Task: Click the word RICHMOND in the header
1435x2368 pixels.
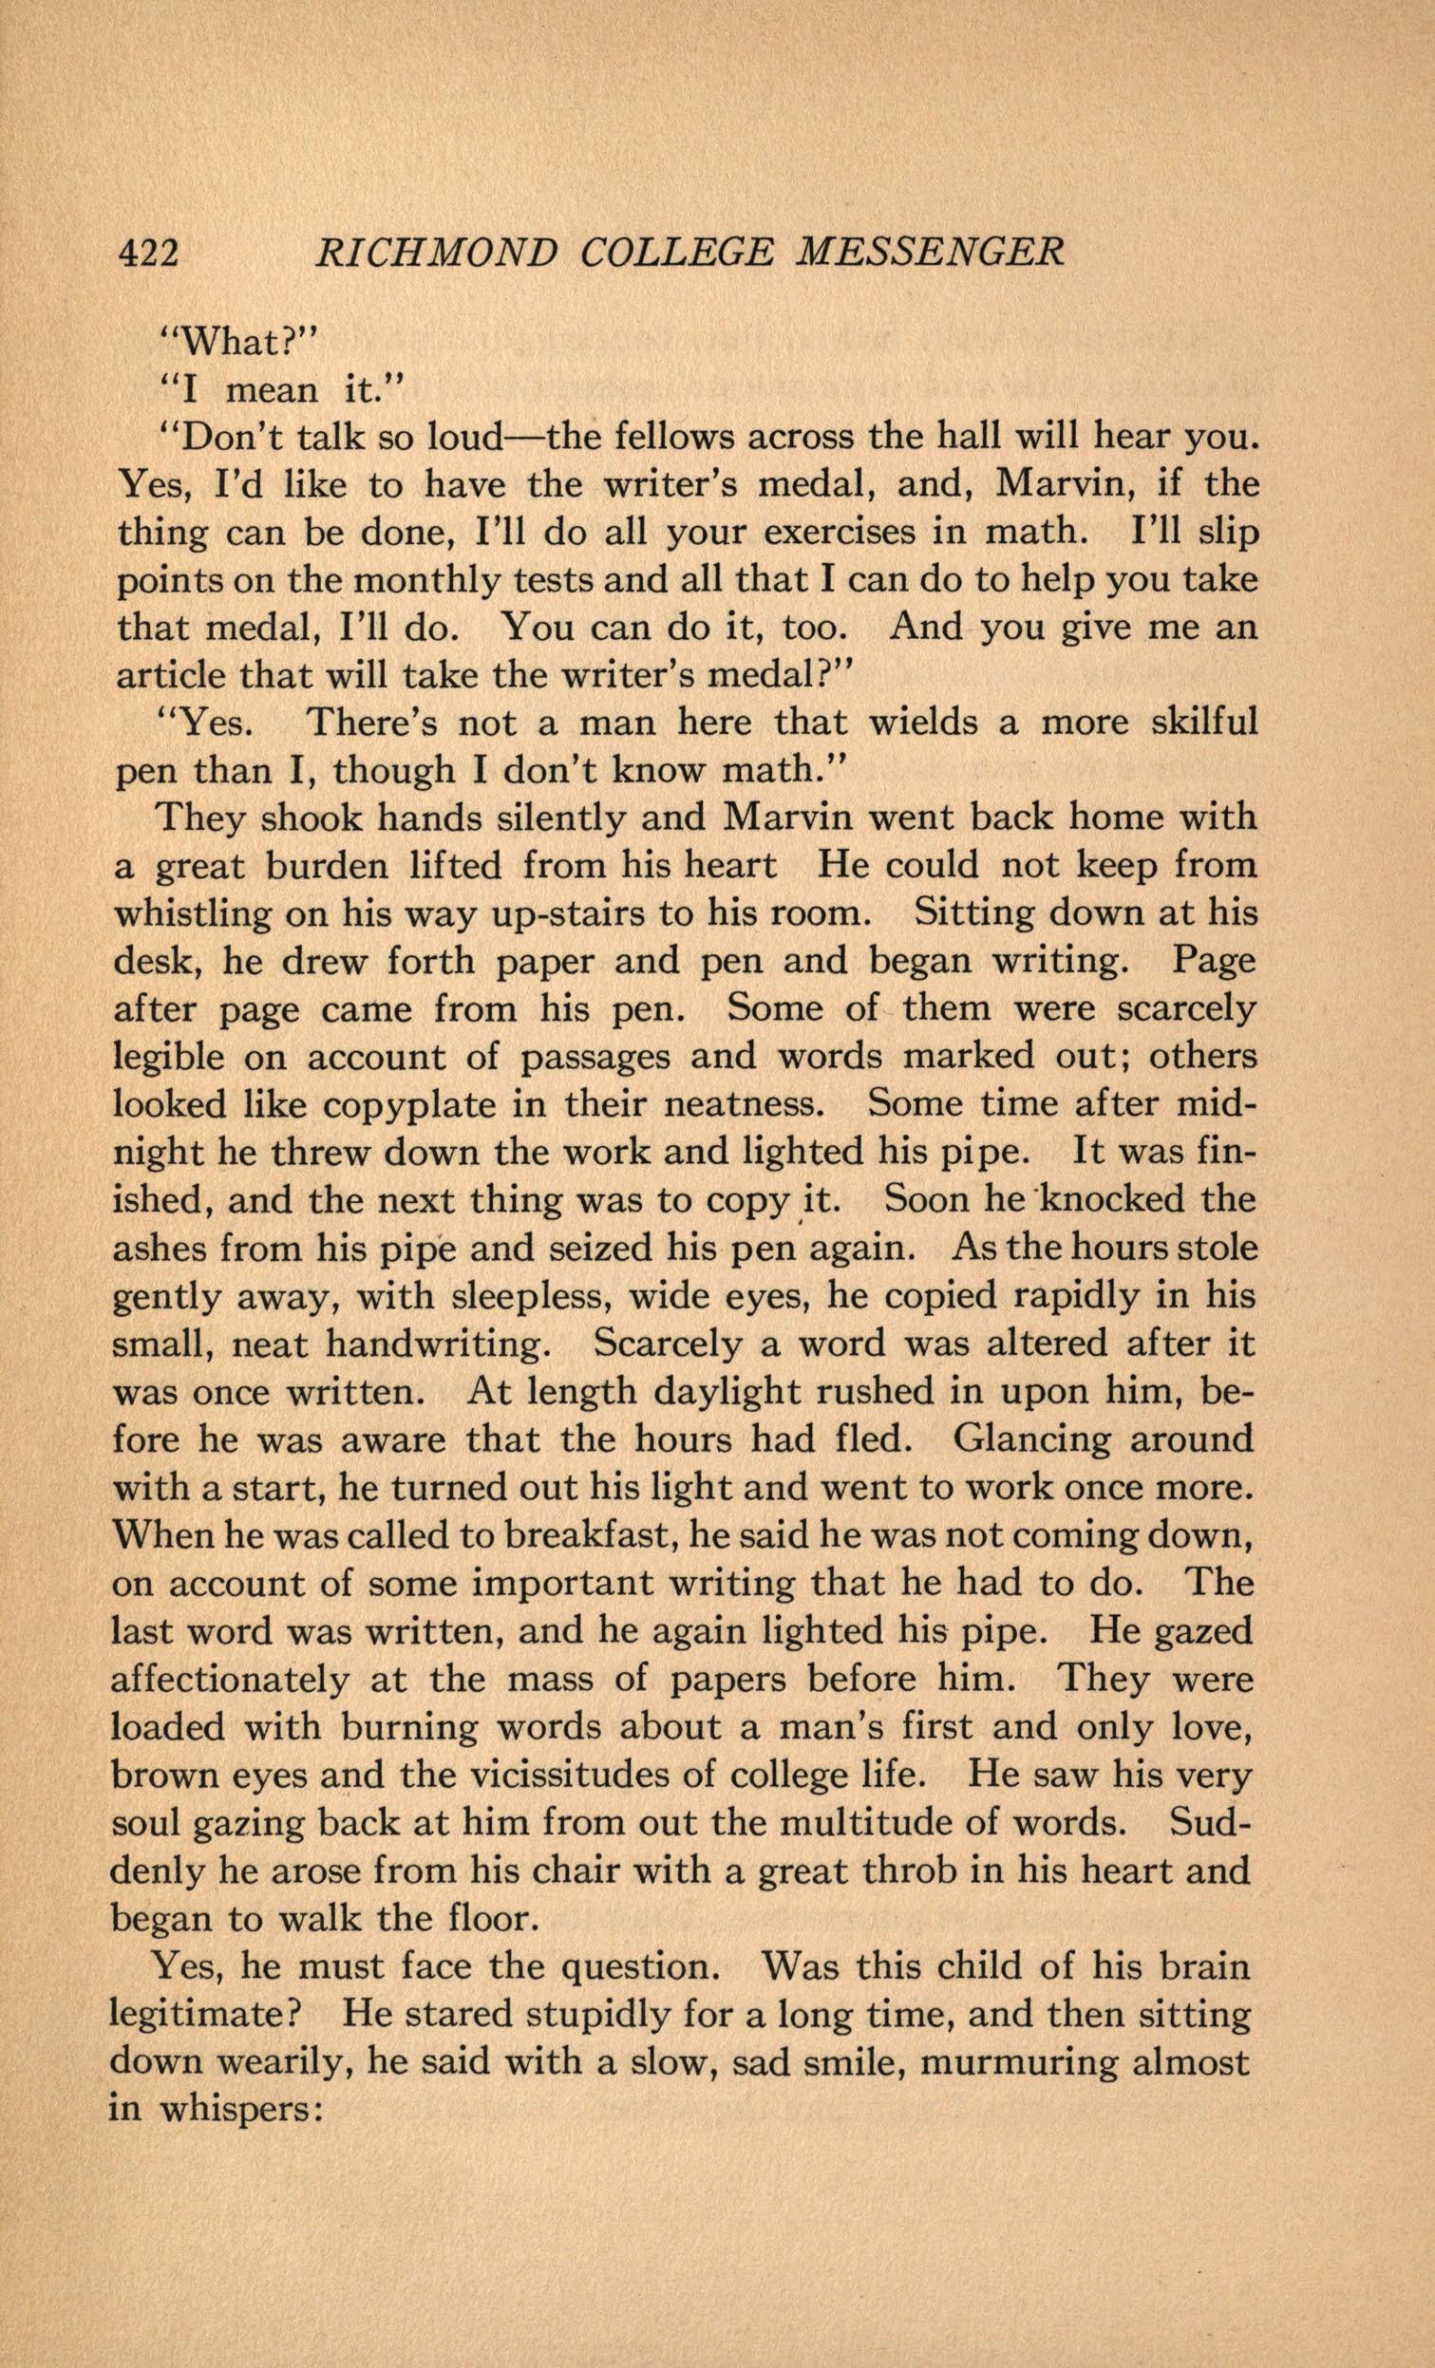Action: (437, 253)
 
